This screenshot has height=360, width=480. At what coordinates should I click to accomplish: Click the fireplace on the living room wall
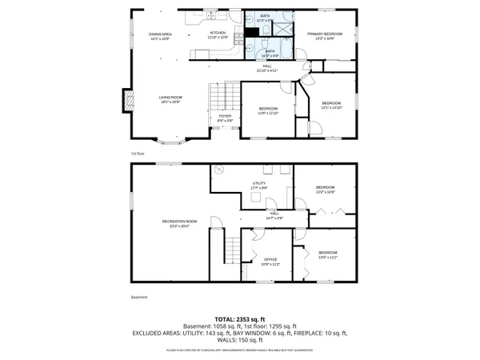126,100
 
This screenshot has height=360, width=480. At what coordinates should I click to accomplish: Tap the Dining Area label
161,35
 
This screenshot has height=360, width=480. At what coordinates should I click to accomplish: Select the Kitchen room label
218,35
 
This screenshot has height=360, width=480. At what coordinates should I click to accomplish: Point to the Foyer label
226,118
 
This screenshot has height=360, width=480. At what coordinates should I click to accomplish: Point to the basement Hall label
274,214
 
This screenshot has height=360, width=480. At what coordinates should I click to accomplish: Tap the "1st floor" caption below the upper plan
138,154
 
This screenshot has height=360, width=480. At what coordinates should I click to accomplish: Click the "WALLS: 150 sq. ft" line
240,340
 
